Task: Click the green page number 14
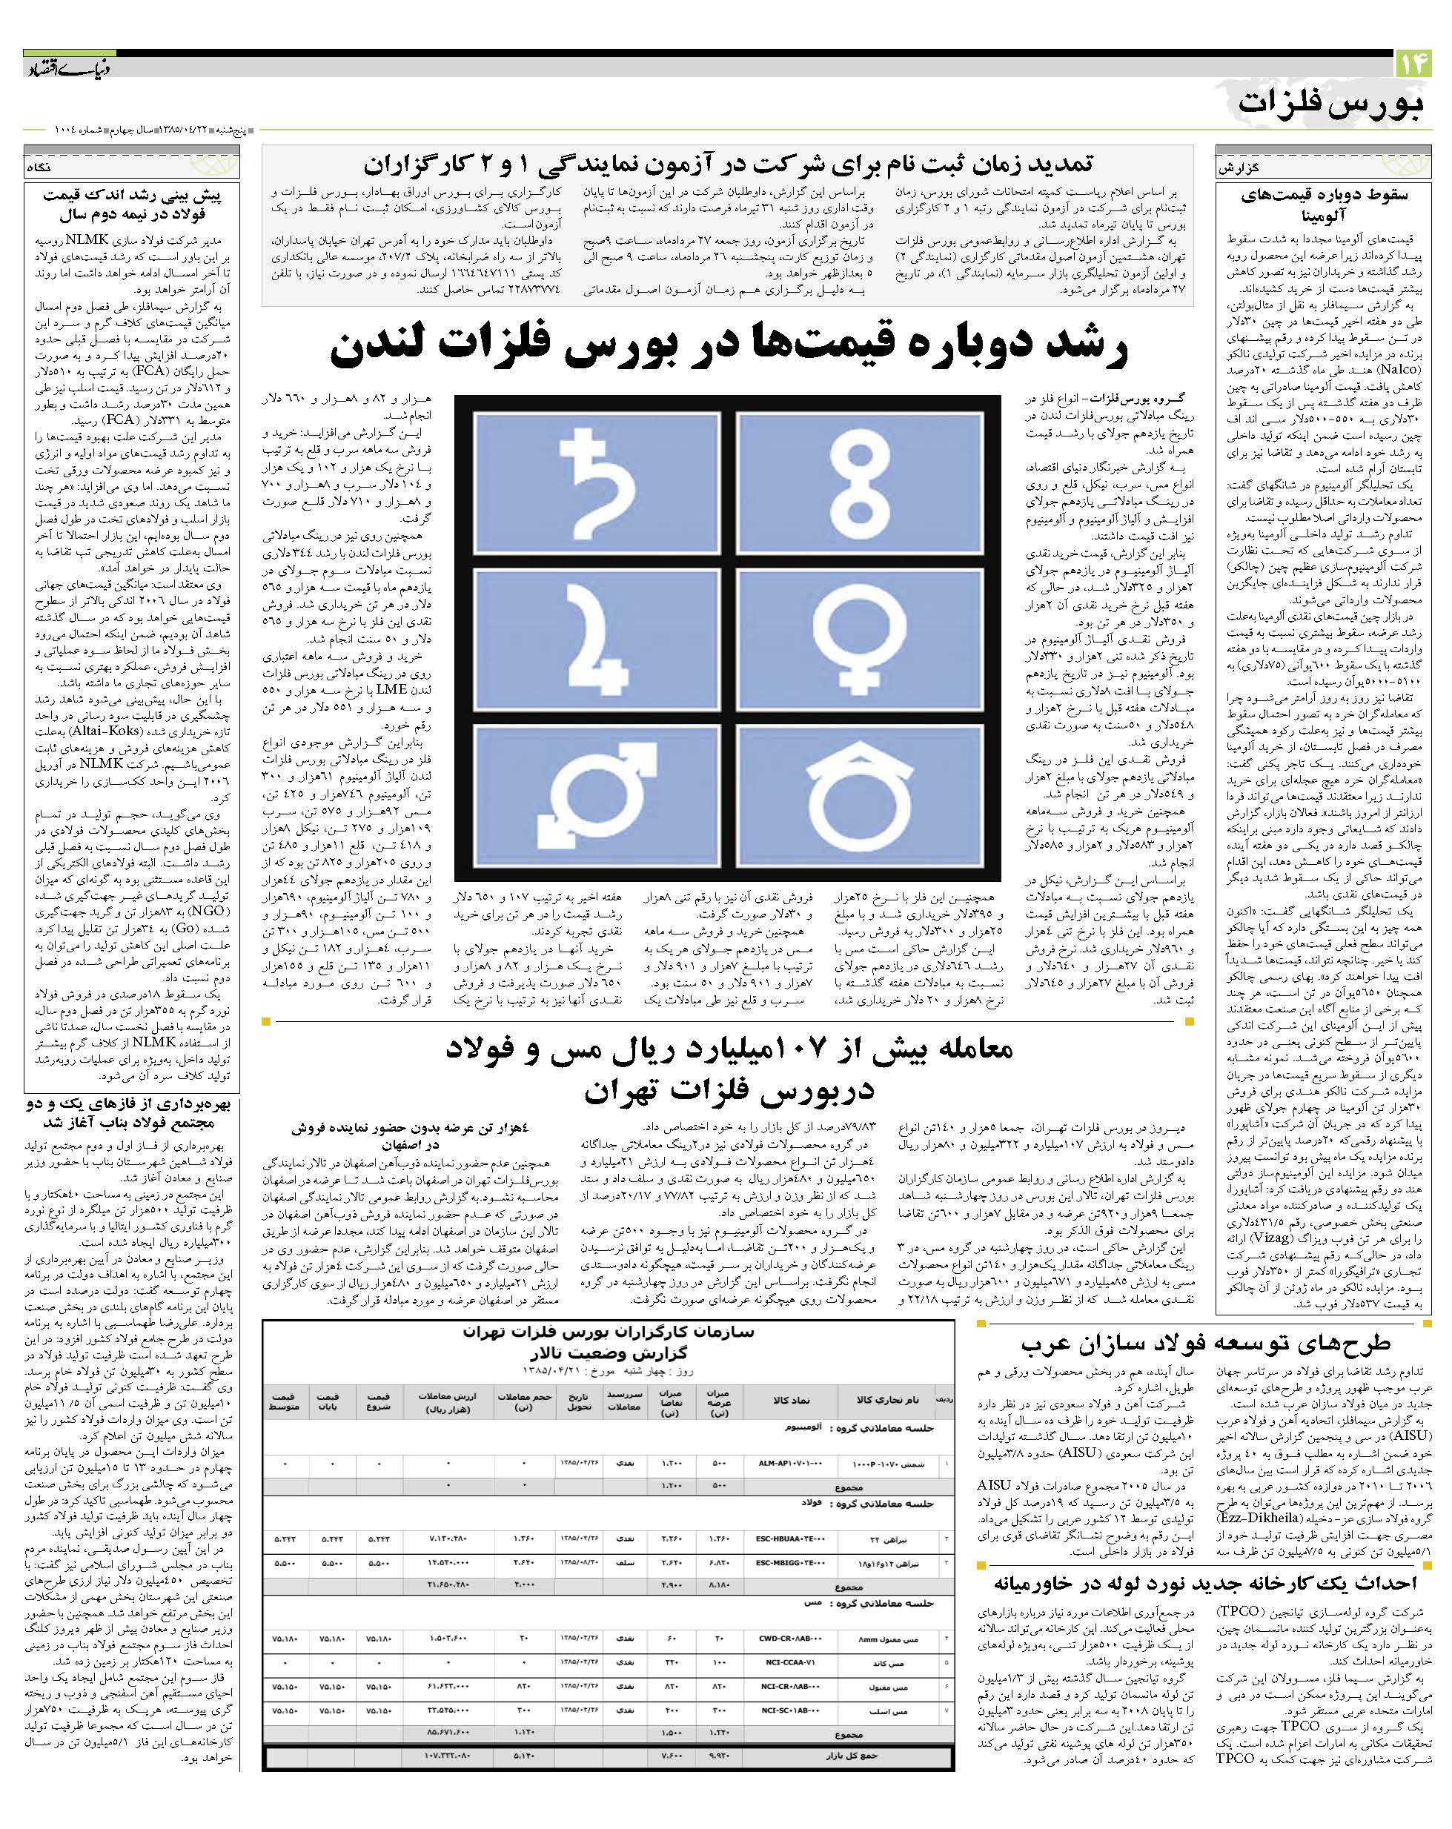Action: (1413, 64)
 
